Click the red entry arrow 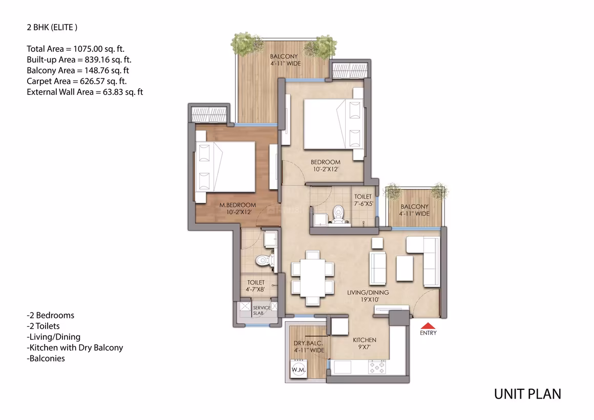428,326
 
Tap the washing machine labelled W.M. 299,369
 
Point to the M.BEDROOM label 238,205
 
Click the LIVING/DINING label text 368,292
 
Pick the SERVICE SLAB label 261,310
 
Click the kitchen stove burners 377,367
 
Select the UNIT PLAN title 527,394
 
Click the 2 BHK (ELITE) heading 52,27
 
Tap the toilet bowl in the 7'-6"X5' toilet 337,214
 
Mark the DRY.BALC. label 308,343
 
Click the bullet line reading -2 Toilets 43,326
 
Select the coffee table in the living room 405,269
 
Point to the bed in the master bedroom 225,167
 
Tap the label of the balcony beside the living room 414,210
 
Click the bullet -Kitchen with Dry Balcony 75,348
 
